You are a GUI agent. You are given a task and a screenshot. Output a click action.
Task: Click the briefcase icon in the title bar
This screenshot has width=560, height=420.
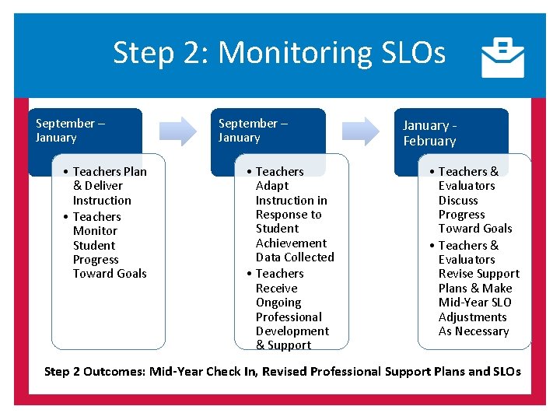tap(502, 58)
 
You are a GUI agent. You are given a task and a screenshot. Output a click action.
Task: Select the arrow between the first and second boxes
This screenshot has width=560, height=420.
tap(180, 131)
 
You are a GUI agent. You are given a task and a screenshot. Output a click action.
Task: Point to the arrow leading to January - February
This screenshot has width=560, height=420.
tap(362, 131)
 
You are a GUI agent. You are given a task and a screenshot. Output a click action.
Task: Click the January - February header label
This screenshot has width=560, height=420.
tap(429, 133)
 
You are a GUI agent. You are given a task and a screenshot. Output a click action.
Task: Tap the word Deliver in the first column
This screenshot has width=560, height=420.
tap(103, 186)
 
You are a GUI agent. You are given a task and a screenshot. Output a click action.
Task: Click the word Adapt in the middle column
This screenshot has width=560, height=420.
tap(272, 186)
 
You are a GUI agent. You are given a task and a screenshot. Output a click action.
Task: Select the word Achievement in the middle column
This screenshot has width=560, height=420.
tap(291, 243)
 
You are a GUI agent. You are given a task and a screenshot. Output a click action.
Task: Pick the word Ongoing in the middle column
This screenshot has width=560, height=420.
tap(278, 303)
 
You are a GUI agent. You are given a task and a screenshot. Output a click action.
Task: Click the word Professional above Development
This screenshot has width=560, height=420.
tap(289, 317)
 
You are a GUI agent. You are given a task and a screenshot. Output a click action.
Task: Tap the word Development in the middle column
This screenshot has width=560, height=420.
tap(292, 331)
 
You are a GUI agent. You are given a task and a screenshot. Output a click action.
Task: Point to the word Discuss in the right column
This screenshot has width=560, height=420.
tap(458, 201)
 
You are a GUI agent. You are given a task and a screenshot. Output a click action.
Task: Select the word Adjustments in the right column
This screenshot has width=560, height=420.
tap(472, 317)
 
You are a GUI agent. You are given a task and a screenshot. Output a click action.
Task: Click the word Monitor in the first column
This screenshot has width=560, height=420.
tap(95, 231)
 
